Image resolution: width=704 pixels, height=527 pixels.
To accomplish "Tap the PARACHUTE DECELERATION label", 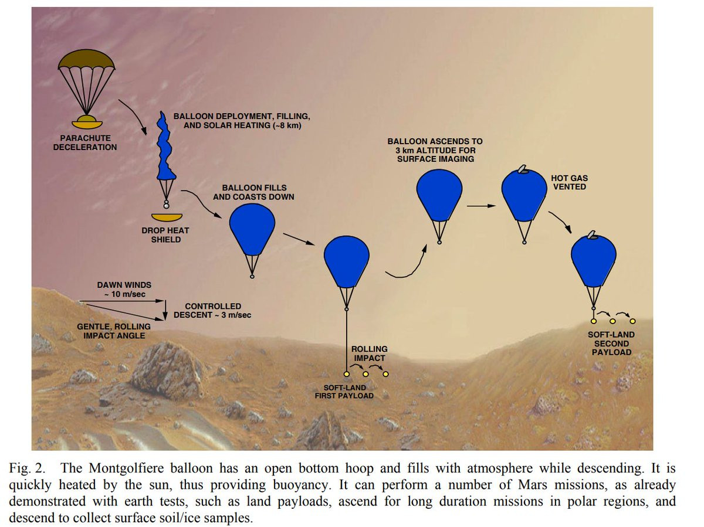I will pos(85,142).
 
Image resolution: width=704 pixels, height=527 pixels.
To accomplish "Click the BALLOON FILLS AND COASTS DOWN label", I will pos(253,192).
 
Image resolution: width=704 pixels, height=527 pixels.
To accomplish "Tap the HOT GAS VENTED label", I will pos(568,182).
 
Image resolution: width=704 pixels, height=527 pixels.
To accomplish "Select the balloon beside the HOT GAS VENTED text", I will pos(523,193).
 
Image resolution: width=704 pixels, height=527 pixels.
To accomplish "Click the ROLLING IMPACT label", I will pos(368,353).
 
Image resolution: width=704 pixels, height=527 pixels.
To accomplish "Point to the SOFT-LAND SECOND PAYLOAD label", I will pos(611,344).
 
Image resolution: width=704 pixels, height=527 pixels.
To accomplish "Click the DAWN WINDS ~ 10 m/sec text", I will pos(124,289).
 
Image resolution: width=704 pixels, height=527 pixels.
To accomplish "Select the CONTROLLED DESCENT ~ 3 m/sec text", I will pos(212,311).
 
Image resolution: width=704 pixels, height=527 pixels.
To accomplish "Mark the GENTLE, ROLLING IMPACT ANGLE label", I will pos(114,331).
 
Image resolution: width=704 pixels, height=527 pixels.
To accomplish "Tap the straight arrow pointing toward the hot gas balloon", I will pos(479,206).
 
